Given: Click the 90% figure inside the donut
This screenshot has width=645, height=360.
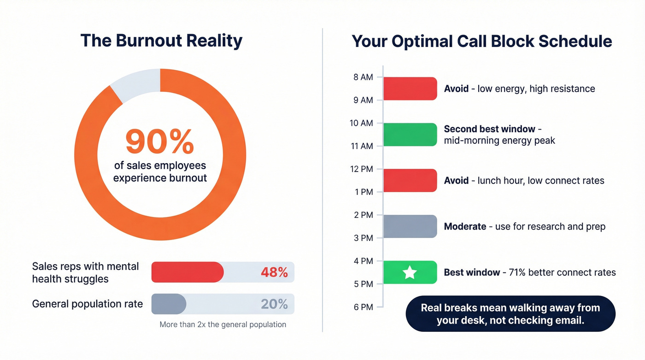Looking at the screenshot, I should pyautogui.click(x=159, y=142).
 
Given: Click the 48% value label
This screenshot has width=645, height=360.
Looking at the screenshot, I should pyautogui.click(x=274, y=272).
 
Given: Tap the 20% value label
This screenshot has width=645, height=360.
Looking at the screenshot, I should pyautogui.click(x=274, y=304).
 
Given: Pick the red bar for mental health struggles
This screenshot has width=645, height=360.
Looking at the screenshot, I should pyautogui.click(x=187, y=272).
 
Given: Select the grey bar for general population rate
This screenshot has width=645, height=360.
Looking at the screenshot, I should pyautogui.click(x=169, y=304).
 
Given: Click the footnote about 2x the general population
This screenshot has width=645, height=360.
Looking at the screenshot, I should pyautogui.click(x=223, y=325).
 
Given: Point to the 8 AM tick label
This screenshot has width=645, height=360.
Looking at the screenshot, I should pyautogui.click(x=363, y=77).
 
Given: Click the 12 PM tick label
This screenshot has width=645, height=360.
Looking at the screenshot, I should pyautogui.click(x=362, y=169).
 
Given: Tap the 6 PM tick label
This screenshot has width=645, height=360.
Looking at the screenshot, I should pyautogui.click(x=363, y=307).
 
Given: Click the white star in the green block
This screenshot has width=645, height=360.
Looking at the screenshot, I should pyautogui.click(x=410, y=272).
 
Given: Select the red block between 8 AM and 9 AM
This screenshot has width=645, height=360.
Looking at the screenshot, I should pyautogui.click(x=410, y=89).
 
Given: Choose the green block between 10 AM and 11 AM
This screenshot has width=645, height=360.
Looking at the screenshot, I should pyautogui.click(x=410, y=135).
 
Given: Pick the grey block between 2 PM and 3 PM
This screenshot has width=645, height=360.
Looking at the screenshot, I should pyautogui.click(x=410, y=226).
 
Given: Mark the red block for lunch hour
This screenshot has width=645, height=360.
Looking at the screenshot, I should pyautogui.click(x=410, y=180).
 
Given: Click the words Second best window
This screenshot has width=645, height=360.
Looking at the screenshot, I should pyautogui.click(x=483, y=129).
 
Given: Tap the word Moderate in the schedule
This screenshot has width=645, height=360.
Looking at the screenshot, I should pyautogui.click(x=465, y=226).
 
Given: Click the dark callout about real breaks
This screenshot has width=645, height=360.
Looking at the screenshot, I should pyautogui.click(x=510, y=314).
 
